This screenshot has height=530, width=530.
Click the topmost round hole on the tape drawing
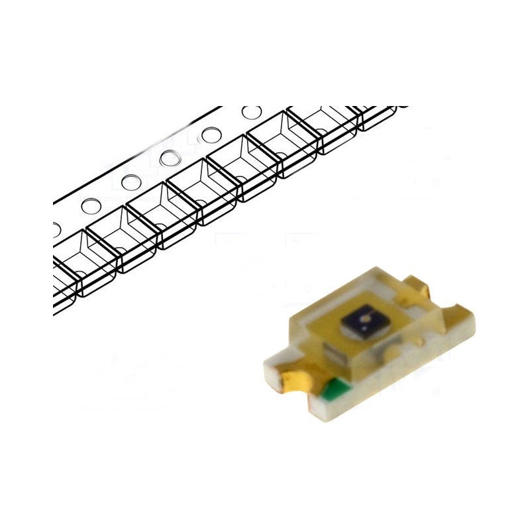[x=251, y=113]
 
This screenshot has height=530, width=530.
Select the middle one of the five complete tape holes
[x=170, y=158]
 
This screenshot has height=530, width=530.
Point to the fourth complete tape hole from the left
[x=210, y=134]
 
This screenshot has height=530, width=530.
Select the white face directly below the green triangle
[x=344, y=411]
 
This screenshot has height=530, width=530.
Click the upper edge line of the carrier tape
[x=132, y=149]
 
